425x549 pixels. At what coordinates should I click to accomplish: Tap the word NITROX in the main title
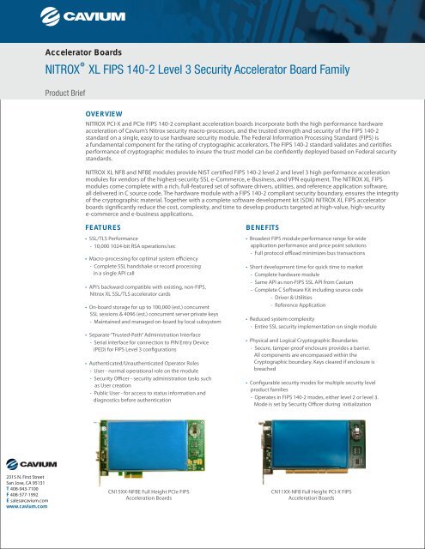pos(70,70)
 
